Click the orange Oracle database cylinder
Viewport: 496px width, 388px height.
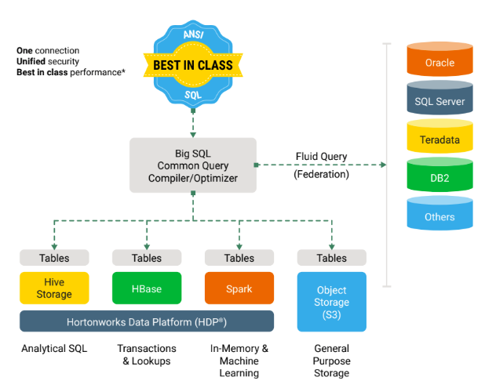(439, 62)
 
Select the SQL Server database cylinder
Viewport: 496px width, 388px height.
(439, 100)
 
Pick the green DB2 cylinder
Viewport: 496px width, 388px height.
(439, 178)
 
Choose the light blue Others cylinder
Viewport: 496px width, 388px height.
(439, 216)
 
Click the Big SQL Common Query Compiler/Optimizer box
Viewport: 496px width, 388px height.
(193, 165)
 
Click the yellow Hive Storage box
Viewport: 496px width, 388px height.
(54, 288)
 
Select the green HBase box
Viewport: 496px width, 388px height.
(147, 288)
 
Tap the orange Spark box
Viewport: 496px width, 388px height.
(239, 288)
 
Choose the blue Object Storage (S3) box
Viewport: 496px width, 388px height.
(332, 302)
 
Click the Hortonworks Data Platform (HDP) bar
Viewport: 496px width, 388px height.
(147, 321)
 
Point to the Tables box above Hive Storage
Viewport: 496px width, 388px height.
(54, 258)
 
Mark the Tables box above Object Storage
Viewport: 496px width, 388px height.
(332, 258)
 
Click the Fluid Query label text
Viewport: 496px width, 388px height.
(321, 156)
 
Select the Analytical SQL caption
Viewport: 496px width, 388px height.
(53, 349)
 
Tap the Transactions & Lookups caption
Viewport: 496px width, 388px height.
(147, 354)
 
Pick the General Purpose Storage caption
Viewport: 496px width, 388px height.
(332, 361)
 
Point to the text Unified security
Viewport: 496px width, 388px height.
(48, 61)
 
